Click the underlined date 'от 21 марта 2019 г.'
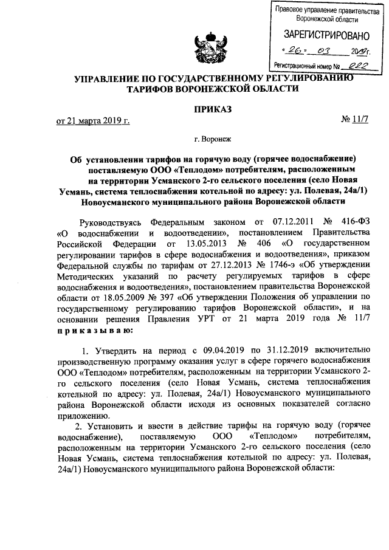[93, 120]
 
